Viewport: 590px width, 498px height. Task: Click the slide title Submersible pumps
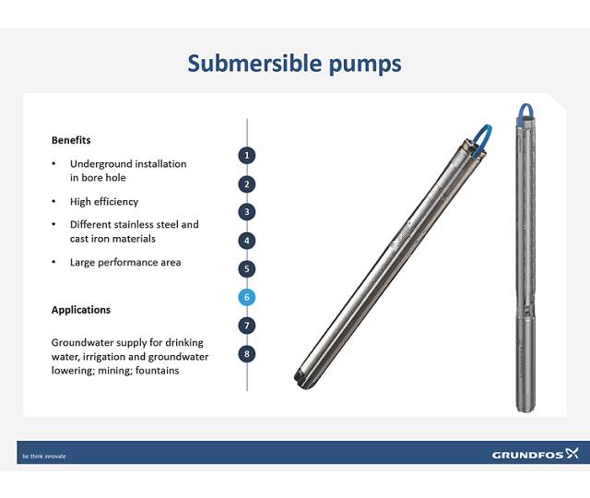point(294,64)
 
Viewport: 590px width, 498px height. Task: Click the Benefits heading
point(71,140)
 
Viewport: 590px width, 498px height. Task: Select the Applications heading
point(81,310)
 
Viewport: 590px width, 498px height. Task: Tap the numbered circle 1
point(247,155)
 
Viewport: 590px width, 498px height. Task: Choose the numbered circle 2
point(247,184)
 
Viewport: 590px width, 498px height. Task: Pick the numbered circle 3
point(247,212)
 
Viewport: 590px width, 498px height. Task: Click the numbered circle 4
point(247,241)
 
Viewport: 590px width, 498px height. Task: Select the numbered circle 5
point(247,269)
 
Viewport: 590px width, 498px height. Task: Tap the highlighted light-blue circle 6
point(247,297)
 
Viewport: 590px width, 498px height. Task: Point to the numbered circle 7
point(247,326)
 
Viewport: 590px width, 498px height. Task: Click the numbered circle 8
point(247,353)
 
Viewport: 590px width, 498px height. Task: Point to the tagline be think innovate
point(44,456)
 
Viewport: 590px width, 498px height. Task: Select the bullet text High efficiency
point(104,201)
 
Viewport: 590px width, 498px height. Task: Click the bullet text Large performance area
point(125,262)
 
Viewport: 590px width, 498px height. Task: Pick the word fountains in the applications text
point(157,371)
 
